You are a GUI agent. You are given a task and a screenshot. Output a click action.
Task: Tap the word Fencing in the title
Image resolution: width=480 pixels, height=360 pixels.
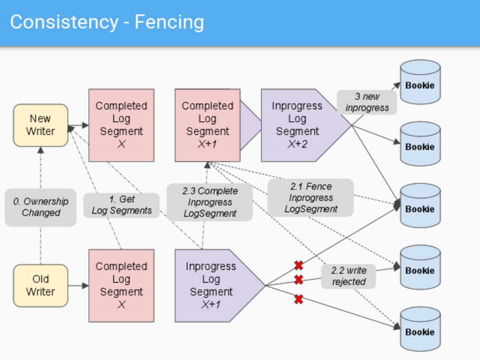169,22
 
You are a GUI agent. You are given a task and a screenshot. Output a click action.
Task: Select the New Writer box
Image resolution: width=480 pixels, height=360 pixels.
40,125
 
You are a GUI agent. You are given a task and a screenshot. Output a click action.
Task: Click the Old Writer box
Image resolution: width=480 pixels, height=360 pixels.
40,285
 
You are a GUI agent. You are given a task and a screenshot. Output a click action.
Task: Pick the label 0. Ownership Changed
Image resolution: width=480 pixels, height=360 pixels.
40,207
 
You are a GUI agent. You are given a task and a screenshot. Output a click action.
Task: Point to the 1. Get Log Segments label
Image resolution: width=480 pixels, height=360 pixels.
121,205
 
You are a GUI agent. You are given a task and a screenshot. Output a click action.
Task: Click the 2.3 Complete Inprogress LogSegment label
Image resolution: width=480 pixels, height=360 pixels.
209,202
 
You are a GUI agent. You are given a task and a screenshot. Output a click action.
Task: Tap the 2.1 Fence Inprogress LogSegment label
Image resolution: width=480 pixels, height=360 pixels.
310,197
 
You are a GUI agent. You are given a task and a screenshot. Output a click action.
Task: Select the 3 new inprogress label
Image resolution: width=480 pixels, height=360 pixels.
367,102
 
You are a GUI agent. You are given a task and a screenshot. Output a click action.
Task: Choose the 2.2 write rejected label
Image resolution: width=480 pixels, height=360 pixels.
348,276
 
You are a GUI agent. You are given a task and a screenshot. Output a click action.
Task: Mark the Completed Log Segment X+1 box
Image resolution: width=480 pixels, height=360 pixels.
207,125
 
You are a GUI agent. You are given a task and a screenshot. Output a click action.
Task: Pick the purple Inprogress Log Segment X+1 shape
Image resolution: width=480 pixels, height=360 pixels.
215,285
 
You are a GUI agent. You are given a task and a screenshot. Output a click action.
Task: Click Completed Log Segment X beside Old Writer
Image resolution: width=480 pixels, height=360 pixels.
121,285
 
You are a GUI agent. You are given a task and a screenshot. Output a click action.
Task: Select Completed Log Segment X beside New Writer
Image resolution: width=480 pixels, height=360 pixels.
121,125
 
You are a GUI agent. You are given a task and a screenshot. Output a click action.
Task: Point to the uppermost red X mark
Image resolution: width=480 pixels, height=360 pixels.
298,265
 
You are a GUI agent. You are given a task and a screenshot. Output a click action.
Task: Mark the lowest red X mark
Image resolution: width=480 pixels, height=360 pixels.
298,299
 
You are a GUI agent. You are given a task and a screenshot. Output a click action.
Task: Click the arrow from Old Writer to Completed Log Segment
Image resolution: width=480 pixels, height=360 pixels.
78,286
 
